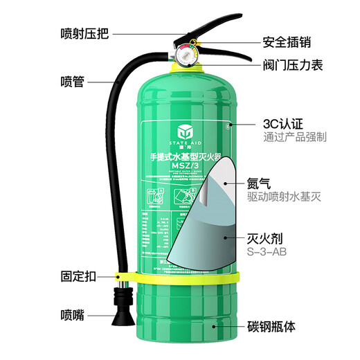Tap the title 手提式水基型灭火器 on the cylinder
click(181, 156)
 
